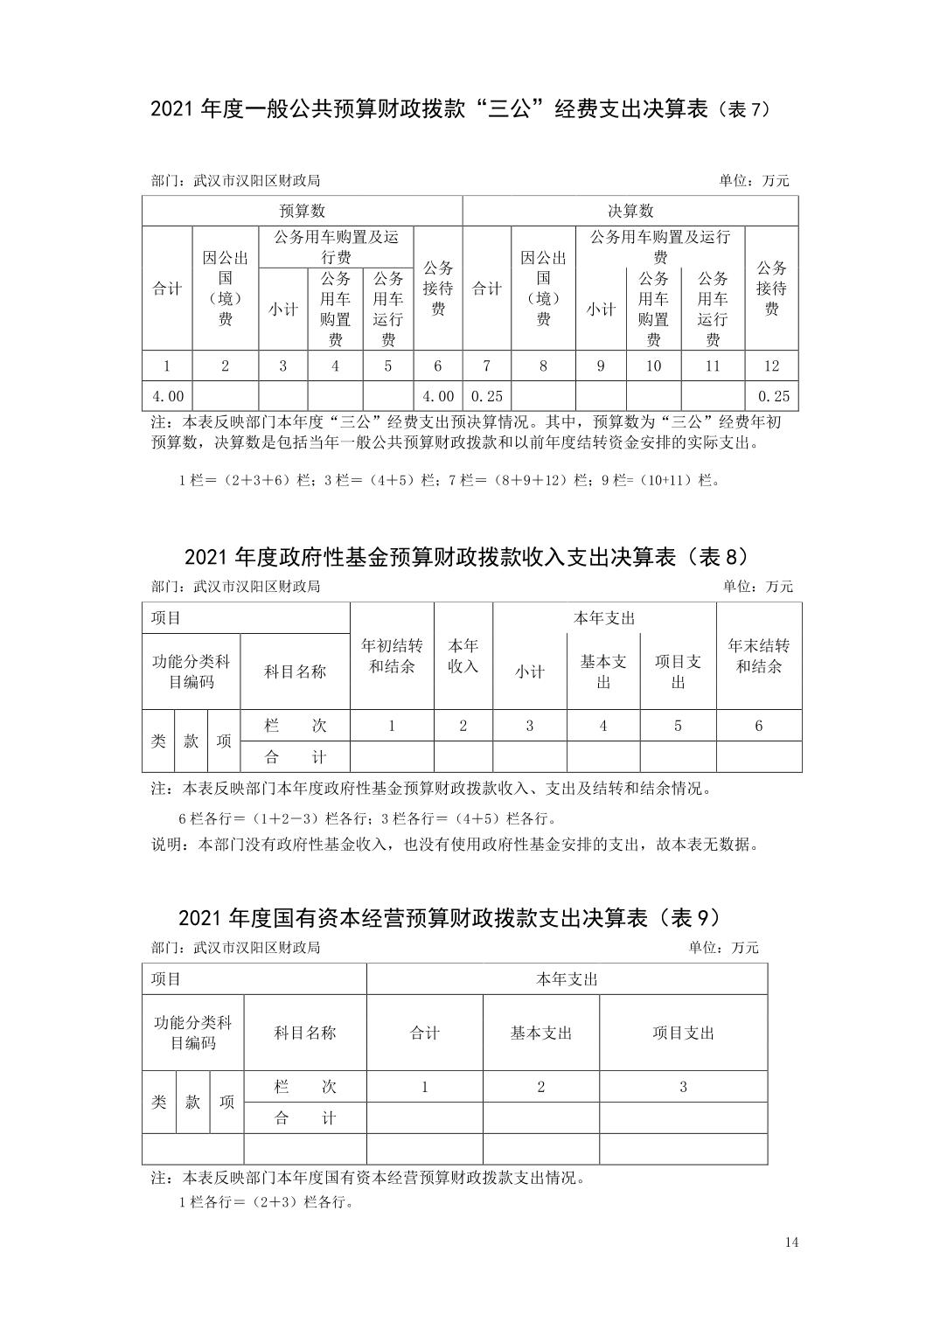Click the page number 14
pos(792,1242)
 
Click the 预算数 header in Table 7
pos(302,211)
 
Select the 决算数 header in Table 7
pos(630,211)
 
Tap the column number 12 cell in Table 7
pos(771,365)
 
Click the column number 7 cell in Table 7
pos(486,365)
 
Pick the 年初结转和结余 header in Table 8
pos(392,656)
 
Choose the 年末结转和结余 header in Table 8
pos(758,656)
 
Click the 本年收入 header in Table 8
pos(463,656)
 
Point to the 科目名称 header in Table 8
pos(295,671)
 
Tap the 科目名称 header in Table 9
pos(304,1033)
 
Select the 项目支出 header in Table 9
pos(683,1033)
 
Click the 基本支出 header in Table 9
pos(540,1033)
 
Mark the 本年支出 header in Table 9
pos(567,979)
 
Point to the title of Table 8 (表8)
pos(468,557)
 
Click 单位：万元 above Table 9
pos(723,948)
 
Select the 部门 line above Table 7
pos(235,181)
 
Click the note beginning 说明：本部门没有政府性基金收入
pos(455,845)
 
